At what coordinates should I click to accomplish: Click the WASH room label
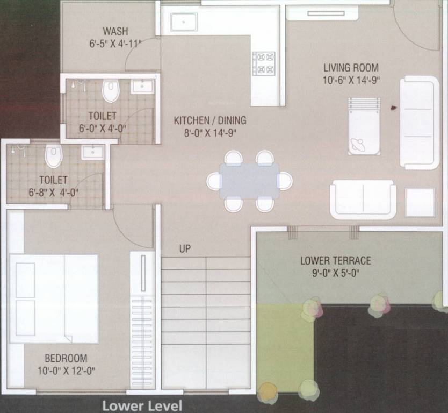[x=115, y=31]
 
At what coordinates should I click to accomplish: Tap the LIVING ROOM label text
[x=351, y=68]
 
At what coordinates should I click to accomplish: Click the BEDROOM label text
[x=66, y=358]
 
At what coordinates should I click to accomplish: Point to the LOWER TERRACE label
[x=335, y=261]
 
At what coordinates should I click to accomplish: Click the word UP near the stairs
[x=185, y=249]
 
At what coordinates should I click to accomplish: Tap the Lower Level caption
[x=142, y=405]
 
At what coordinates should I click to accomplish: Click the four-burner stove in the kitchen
[x=264, y=62]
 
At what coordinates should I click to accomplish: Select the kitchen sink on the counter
[x=184, y=22]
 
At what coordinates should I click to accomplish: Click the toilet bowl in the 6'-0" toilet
[x=111, y=91]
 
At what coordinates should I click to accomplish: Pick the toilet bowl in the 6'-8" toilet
[x=53, y=156]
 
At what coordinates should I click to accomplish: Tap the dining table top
[x=249, y=181]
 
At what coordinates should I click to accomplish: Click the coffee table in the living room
[x=364, y=126]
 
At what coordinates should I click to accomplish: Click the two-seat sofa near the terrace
[x=363, y=199]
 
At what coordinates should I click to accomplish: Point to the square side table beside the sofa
[x=420, y=203]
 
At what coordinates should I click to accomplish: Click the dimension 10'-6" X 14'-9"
[x=351, y=80]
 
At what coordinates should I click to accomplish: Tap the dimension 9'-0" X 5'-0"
[x=335, y=273]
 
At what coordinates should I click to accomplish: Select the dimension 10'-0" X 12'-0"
[x=66, y=371]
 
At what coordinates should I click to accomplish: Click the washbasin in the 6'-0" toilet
[x=142, y=87]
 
